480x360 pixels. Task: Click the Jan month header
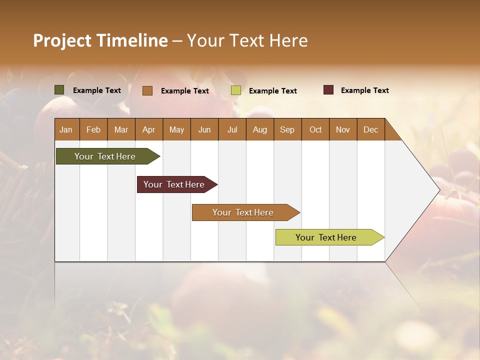[x=66, y=129]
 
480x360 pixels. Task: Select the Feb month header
[x=93, y=129]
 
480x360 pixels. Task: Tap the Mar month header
[x=121, y=129]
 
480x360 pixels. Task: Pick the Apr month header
[x=149, y=129]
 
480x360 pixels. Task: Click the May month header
[x=176, y=129]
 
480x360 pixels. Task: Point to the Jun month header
[x=204, y=129]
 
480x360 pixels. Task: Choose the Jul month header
[x=232, y=129]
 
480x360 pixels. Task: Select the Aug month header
[x=260, y=129]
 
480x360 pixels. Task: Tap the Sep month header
[x=287, y=129]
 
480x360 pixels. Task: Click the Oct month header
[x=315, y=129]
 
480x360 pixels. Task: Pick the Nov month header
[x=343, y=129]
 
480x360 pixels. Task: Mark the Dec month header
[x=371, y=129]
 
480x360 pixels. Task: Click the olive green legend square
[x=59, y=90]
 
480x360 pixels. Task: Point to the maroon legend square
[x=328, y=90]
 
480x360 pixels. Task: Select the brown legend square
[x=147, y=90]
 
